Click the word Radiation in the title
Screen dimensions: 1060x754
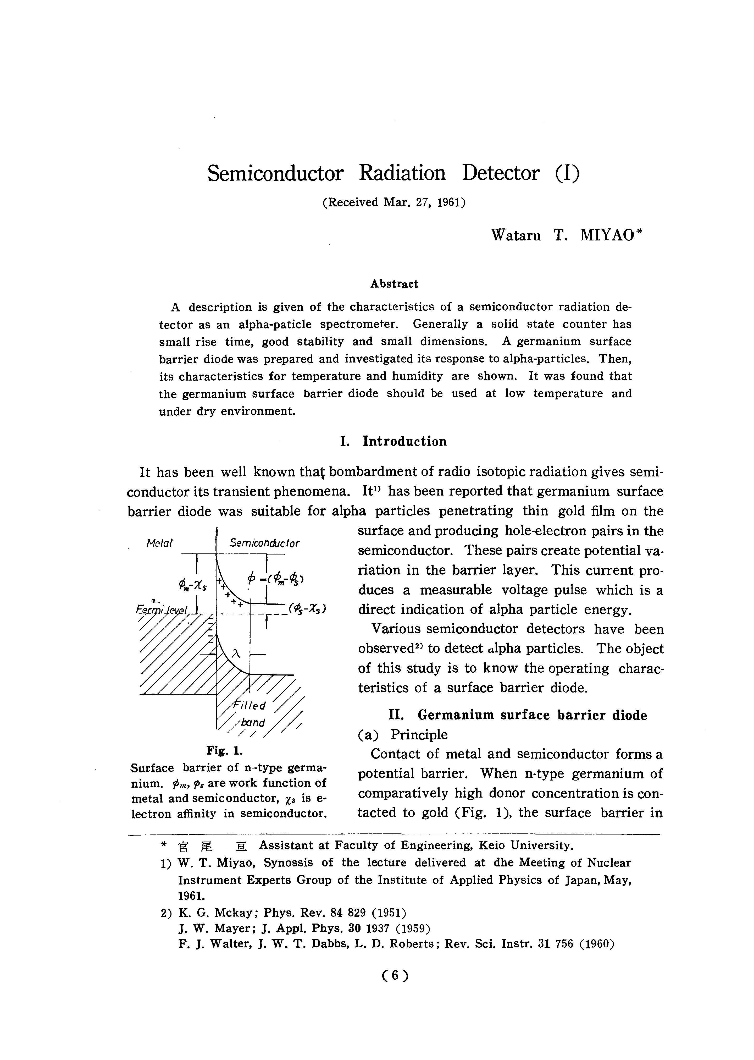tap(402, 173)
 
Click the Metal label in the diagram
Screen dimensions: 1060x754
tap(159, 543)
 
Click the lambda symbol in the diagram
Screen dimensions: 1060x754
tap(236, 653)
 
